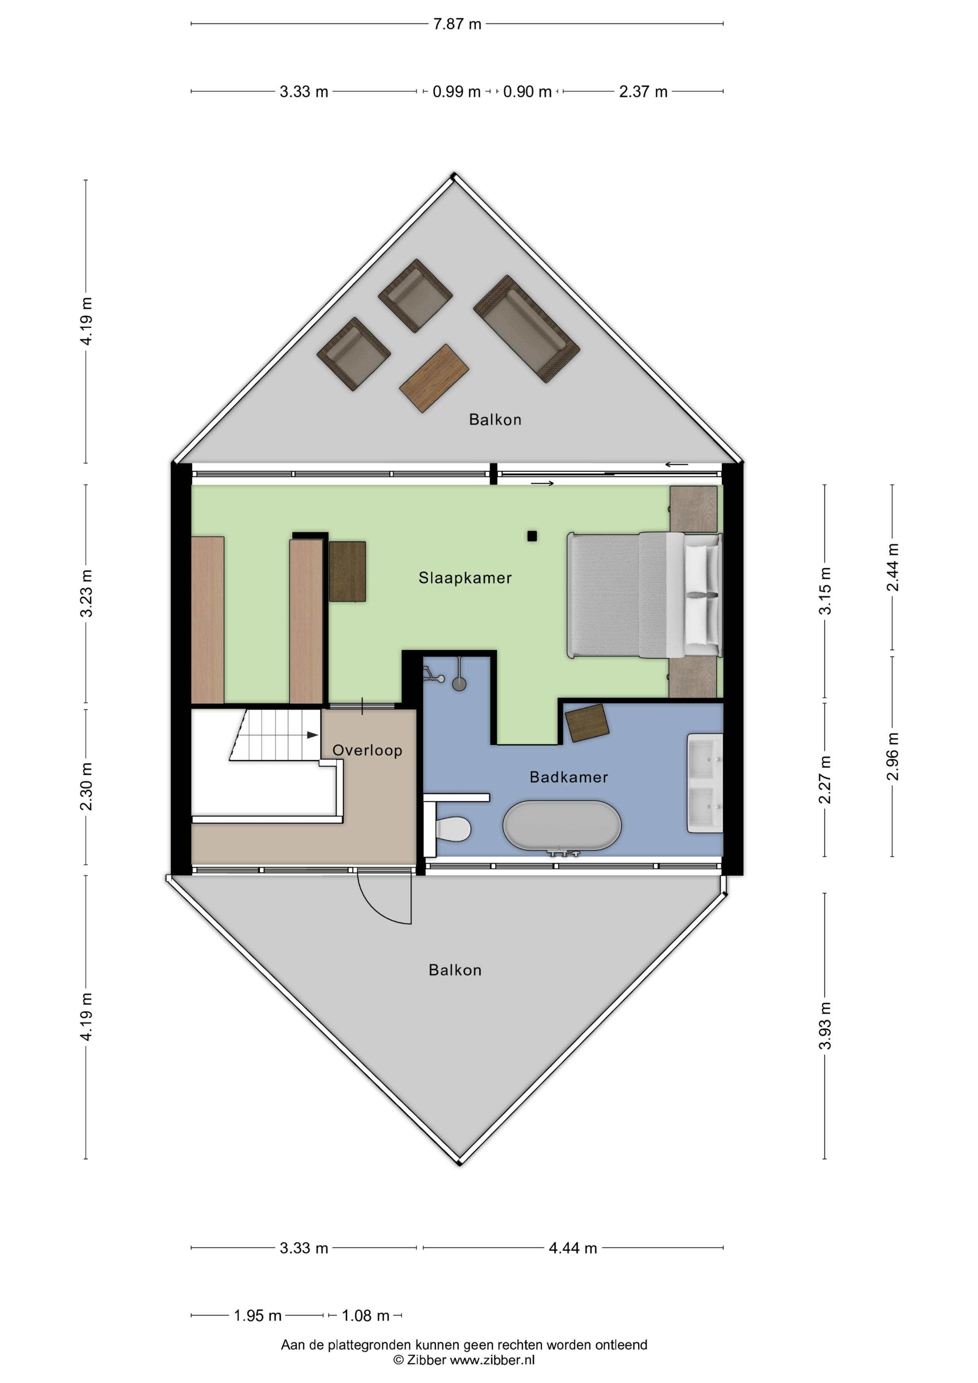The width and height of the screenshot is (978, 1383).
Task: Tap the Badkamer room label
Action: (x=568, y=777)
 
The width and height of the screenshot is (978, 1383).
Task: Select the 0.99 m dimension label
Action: (x=456, y=91)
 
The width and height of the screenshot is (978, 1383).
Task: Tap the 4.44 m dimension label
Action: (x=573, y=1248)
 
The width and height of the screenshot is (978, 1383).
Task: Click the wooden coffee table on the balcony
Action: (x=434, y=378)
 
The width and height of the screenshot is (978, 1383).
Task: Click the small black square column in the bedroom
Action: (x=532, y=536)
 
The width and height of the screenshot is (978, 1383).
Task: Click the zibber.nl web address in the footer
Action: (x=492, y=1360)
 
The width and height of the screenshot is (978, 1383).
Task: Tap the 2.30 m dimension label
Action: (x=86, y=786)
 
